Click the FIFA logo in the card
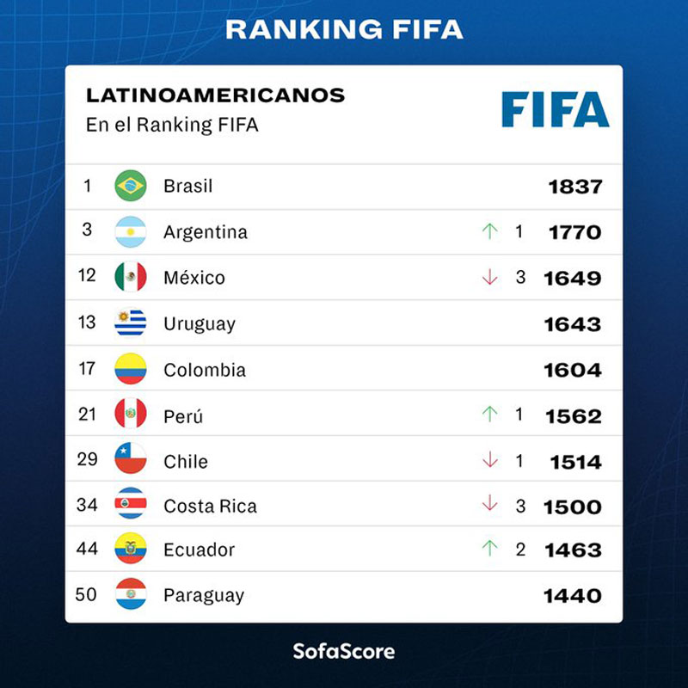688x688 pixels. [x=555, y=109]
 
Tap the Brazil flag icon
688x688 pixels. [x=131, y=186]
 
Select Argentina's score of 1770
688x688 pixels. [x=574, y=232]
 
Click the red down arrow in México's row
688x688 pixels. [x=490, y=278]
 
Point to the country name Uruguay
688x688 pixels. [x=200, y=324]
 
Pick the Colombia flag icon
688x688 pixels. [x=131, y=370]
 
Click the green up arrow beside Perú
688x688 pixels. [x=490, y=415]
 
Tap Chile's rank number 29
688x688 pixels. [x=88, y=459]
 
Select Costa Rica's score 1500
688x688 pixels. [x=572, y=507]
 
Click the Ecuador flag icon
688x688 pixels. [x=131, y=549]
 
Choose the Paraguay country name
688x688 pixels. [x=204, y=595]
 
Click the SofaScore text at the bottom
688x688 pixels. [x=343, y=650]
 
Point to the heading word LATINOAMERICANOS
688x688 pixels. [x=215, y=95]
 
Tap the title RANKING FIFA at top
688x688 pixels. [x=344, y=30]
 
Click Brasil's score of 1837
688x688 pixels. [x=575, y=187]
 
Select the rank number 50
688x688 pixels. [x=87, y=594]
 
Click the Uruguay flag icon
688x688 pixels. [x=131, y=323]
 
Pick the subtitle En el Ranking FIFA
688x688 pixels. [x=172, y=125]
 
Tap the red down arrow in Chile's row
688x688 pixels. [x=490, y=460]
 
